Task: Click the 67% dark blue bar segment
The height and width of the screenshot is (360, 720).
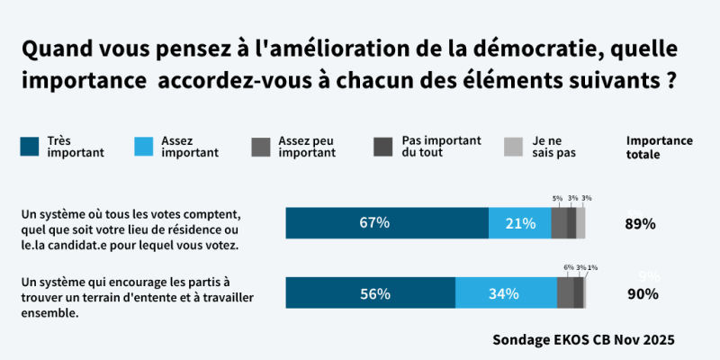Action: click(387, 222)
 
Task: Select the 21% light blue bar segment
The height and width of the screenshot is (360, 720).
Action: click(519, 222)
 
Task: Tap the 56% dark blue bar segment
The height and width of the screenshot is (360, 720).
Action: click(370, 293)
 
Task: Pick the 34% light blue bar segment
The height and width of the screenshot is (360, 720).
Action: click(506, 293)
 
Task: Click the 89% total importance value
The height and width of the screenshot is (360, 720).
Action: click(640, 223)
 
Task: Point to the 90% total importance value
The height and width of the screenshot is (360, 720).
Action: click(643, 293)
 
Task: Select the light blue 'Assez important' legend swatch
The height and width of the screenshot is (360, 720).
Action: click(145, 146)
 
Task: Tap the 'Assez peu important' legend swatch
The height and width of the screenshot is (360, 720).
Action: click(261, 146)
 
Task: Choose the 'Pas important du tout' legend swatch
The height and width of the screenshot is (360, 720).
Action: click(383, 146)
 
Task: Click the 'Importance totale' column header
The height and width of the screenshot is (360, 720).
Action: click(660, 147)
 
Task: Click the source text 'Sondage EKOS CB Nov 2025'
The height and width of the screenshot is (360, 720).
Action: click(583, 341)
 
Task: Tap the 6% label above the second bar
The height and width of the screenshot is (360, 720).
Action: click(568, 267)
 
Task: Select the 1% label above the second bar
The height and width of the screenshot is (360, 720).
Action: click(591, 267)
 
